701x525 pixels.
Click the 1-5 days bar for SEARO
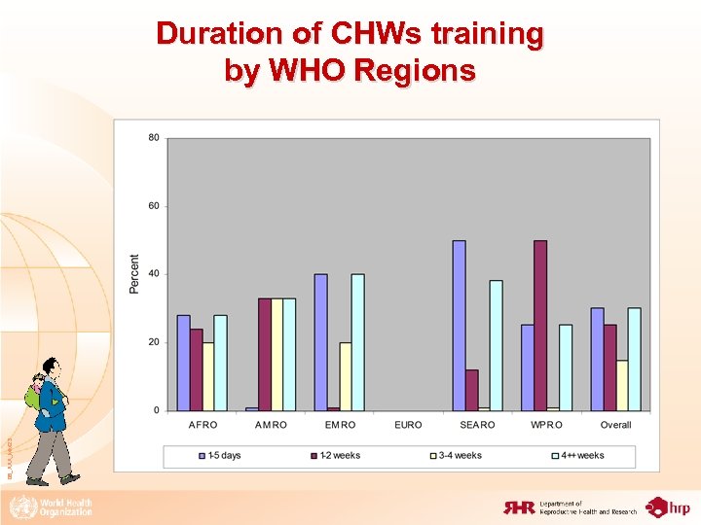click(x=459, y=326)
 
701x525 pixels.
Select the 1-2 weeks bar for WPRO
click(x=540, y=326)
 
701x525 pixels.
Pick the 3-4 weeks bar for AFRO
click(x=208, y=376)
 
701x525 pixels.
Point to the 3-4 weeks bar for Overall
click(x=621, y=385)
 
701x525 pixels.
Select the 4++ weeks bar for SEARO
click(x=496, y=345)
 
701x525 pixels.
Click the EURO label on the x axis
click(x=409, y=425)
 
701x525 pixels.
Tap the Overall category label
click(x=615, y=425)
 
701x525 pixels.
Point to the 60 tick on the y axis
click(x=154, y=206)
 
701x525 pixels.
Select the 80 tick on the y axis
click(x=154, y=138)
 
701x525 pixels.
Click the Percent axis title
click(x=134, y=274)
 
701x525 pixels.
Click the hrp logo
click(x=669, y=507)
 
